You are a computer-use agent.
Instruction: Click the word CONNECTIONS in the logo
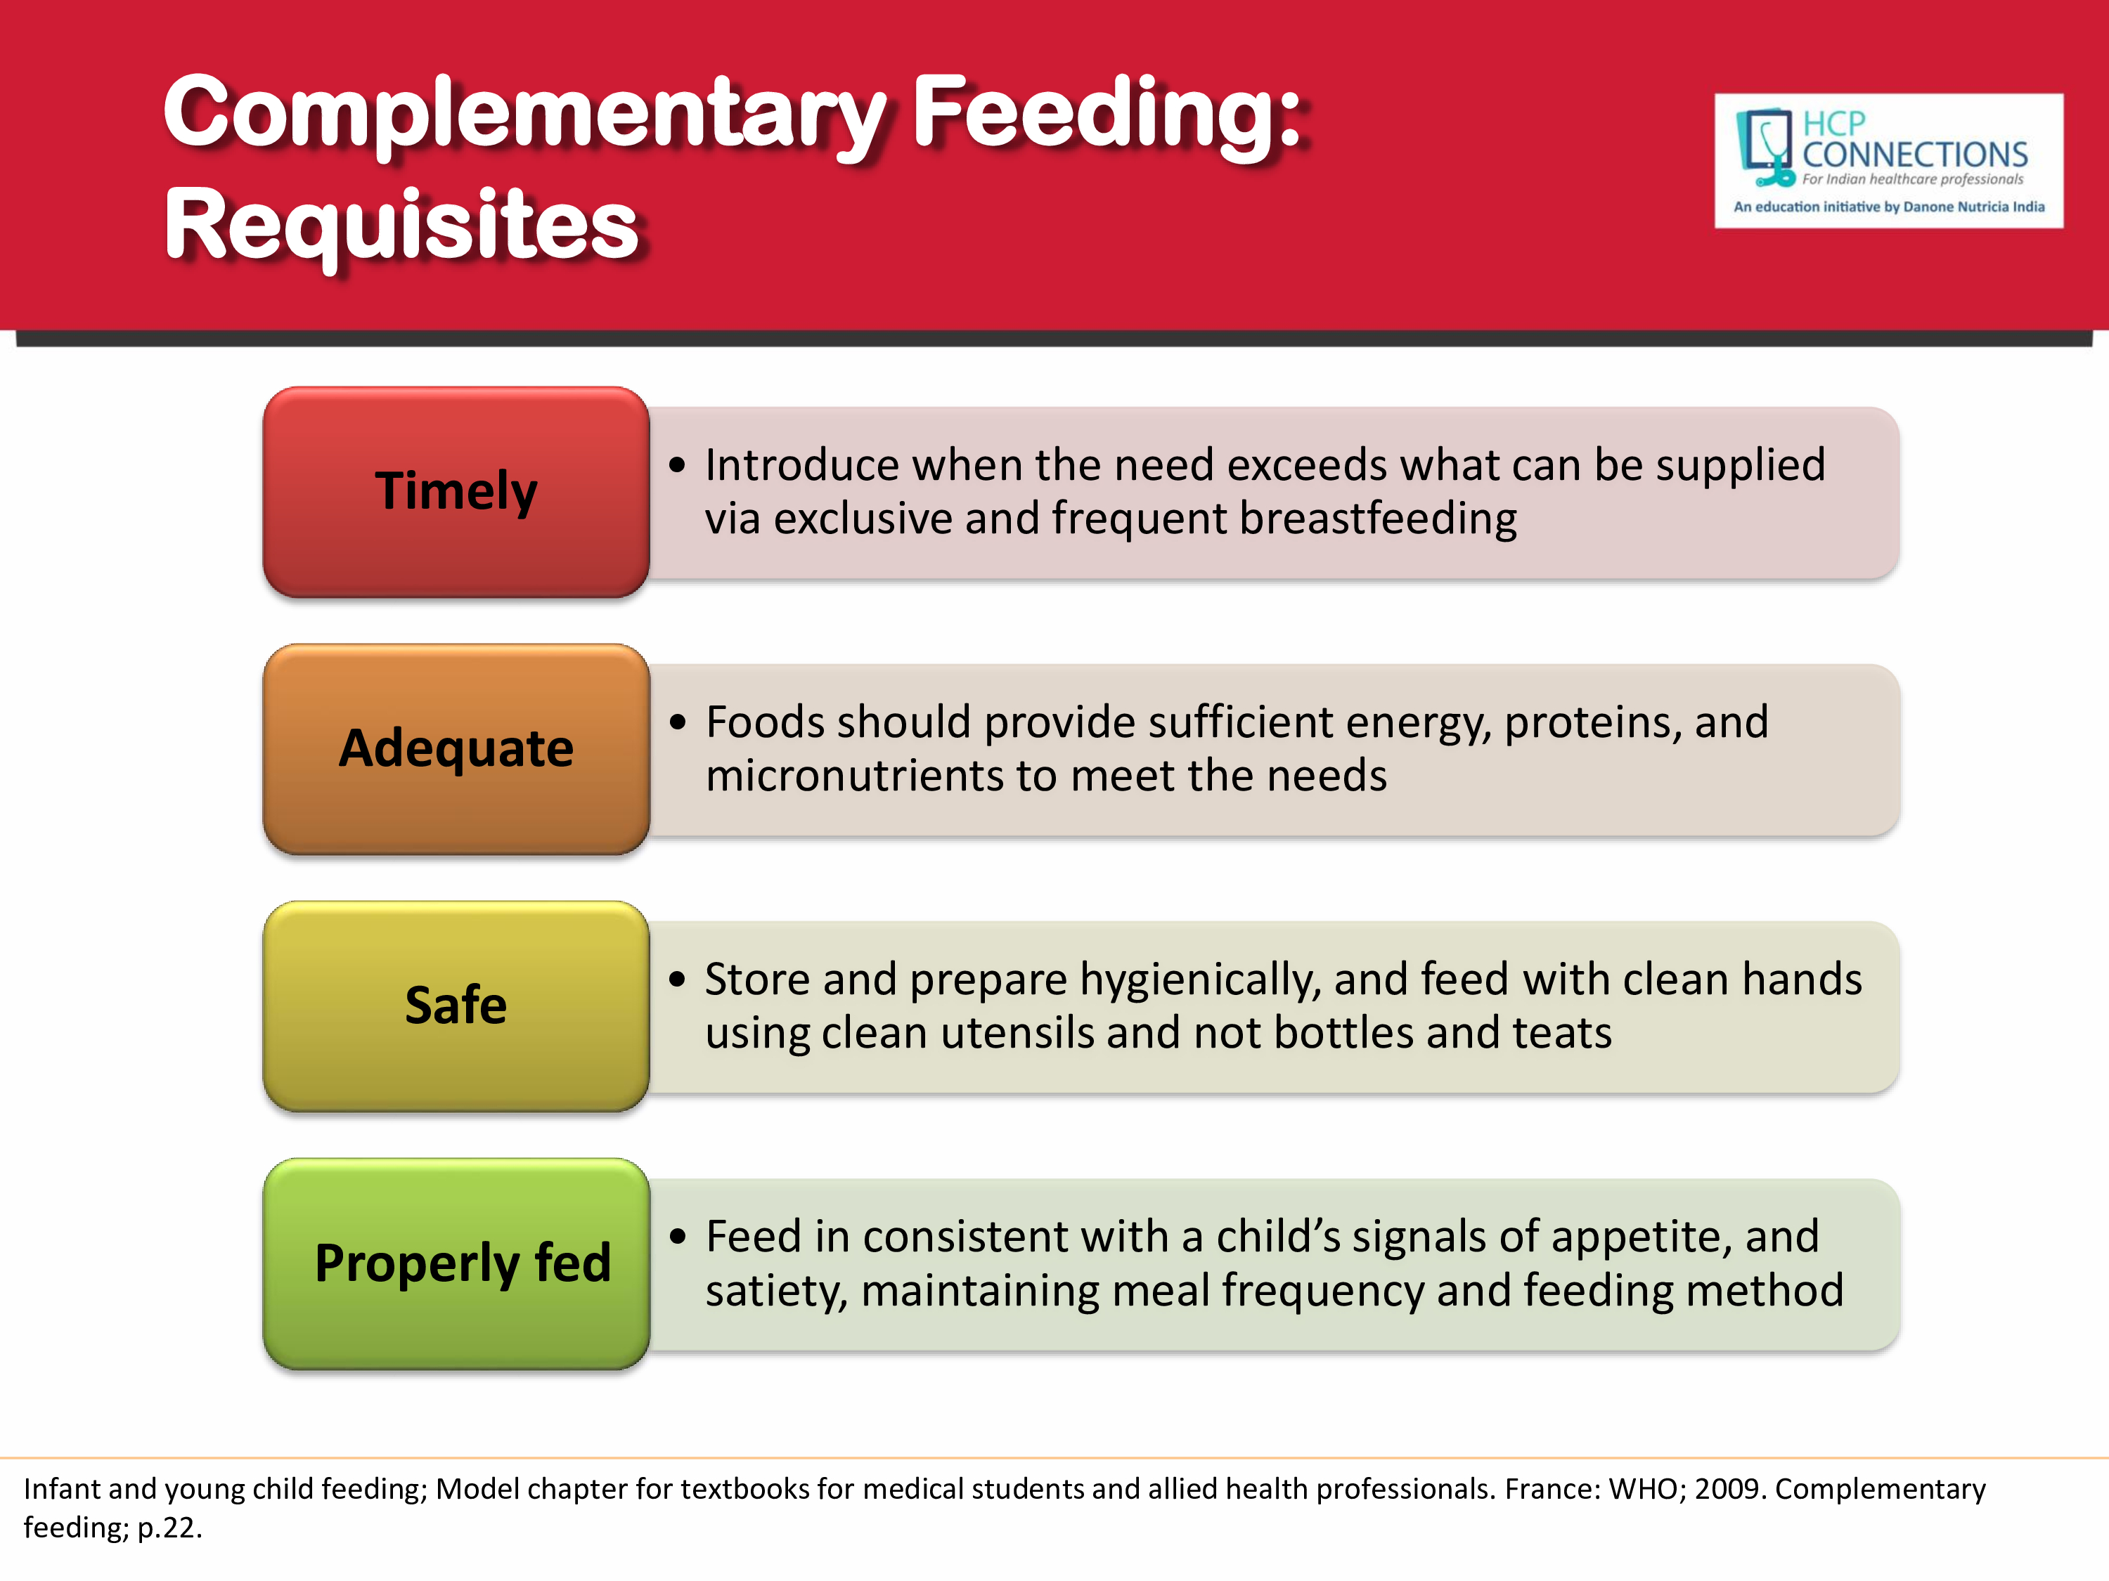click(1914, 155)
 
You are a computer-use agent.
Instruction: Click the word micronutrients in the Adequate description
click(853, 776)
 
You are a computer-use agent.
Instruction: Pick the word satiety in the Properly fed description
click(775, 1292)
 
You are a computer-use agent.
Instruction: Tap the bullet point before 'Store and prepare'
click(677, 980)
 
